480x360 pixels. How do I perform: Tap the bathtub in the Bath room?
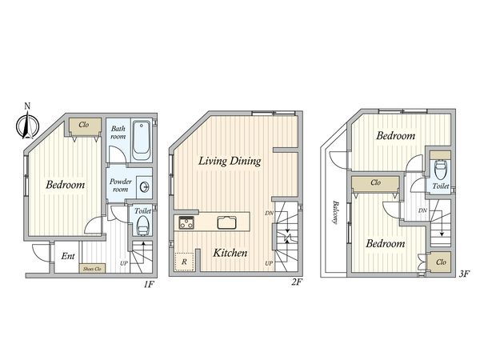pos(141,139)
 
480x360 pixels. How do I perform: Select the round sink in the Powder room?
pos(145,186)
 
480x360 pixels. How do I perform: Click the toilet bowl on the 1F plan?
pos(142,226)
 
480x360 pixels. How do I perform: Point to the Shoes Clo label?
pos(93,269)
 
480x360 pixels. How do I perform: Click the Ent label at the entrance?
pos(68,256)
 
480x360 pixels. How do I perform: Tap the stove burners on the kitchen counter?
pos(186,222)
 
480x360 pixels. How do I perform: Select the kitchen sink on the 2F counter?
pos(227,222)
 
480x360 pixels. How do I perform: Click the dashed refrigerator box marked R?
pos(184,262)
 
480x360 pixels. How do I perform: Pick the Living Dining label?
pos(230,161)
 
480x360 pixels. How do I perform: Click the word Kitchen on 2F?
pos(230,253)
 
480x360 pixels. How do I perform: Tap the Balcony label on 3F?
pos(335,212)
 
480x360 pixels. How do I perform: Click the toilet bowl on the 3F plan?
pos(441,171)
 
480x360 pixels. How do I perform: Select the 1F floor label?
pos(148,285)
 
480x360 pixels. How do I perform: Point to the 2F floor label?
pos(296,282)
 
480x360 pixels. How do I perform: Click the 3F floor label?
pos(464,274)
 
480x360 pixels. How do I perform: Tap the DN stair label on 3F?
pos(422,210)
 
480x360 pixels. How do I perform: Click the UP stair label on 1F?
pos(124,263)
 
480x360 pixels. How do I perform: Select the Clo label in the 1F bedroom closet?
pos(84,125)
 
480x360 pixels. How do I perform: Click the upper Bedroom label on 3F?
pos(395,136)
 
